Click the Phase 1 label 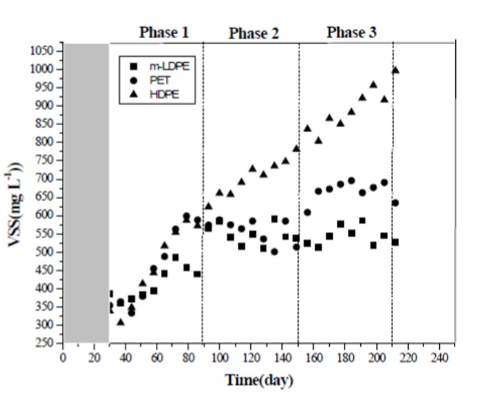point(165,32)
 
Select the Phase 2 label point(253,34)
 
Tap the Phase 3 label point(351,32)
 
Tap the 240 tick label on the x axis point(439,358)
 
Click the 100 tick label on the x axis point(219,358)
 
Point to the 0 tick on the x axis point(63,358)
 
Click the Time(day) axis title point(259,380)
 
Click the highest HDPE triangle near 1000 point(395,70)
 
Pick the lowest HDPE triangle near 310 point(120,321)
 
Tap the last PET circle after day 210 point(395,203)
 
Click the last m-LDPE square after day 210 point(395,242)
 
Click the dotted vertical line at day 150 point(299,194)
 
